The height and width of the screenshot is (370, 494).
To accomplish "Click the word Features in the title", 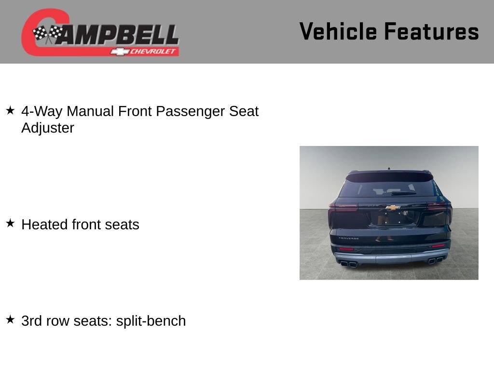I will (x=431, y=31).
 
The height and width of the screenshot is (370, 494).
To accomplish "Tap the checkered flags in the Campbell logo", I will (x=47, y=34).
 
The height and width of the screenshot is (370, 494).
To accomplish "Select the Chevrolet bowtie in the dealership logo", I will (x=119, y=51).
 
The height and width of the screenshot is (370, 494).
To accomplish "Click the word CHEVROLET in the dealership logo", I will (x=153, y=51).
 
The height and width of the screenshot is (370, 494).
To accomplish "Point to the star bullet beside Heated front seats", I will (x=10, y=223).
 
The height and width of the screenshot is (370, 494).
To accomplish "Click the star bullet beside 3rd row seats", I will (x=10, y=319).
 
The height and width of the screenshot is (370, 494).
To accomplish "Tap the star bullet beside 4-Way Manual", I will (x=10, y=110).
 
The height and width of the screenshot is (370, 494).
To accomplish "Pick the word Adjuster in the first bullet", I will (x=48, y=128).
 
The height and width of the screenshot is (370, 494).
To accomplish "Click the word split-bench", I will (x=151, y=321).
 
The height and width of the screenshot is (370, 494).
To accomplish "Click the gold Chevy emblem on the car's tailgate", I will (x=393, y=208).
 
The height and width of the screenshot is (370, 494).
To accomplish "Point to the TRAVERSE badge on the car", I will (x=348, y=238).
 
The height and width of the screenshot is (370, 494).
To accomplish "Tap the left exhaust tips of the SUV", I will (x=348, y=264).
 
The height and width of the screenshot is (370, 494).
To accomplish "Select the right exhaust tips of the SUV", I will (x=436, y=260).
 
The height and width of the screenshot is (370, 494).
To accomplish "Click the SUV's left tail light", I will (x=343, y=208).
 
